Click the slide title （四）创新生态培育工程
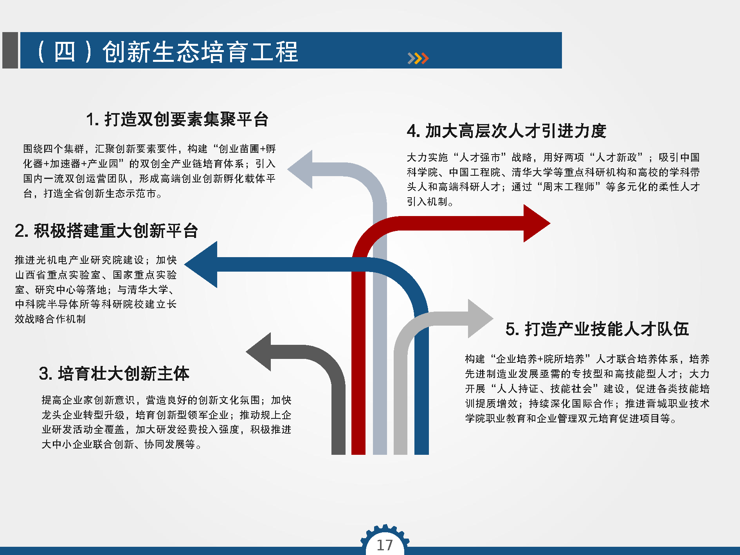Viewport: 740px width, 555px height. point(167,52)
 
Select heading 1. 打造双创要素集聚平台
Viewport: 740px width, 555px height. point(177,119)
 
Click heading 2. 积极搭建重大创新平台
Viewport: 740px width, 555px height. point(106,231)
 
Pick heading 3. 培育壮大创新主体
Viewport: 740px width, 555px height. point(114,373)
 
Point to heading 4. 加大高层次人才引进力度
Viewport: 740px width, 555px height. point(506,131)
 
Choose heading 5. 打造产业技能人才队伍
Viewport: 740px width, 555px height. point(597,329)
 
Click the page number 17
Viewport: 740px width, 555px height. point(385,545)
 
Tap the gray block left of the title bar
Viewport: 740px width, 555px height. point(10,50)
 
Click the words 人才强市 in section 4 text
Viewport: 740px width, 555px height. point(480,157)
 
